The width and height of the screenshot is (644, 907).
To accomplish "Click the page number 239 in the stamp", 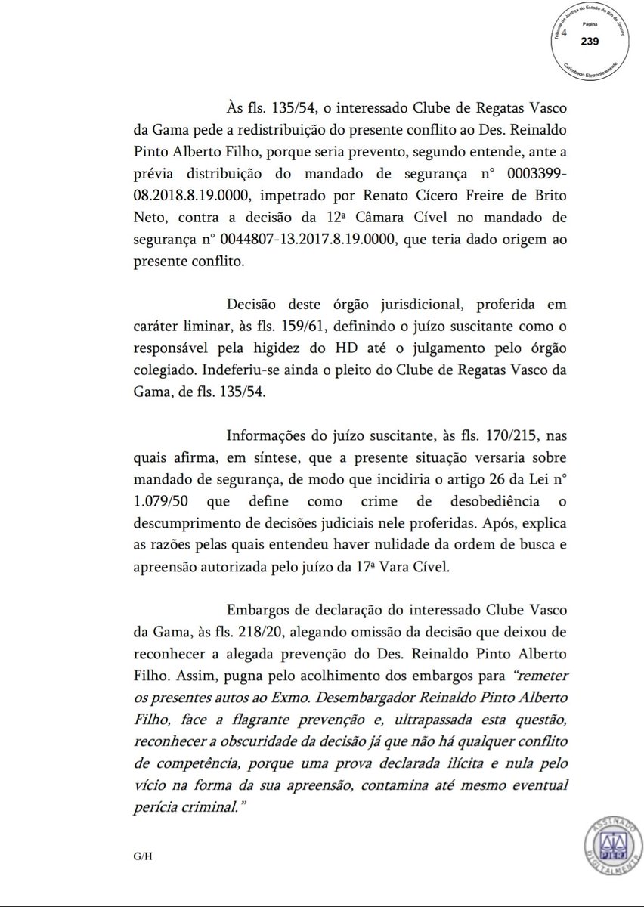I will point(590,42).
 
